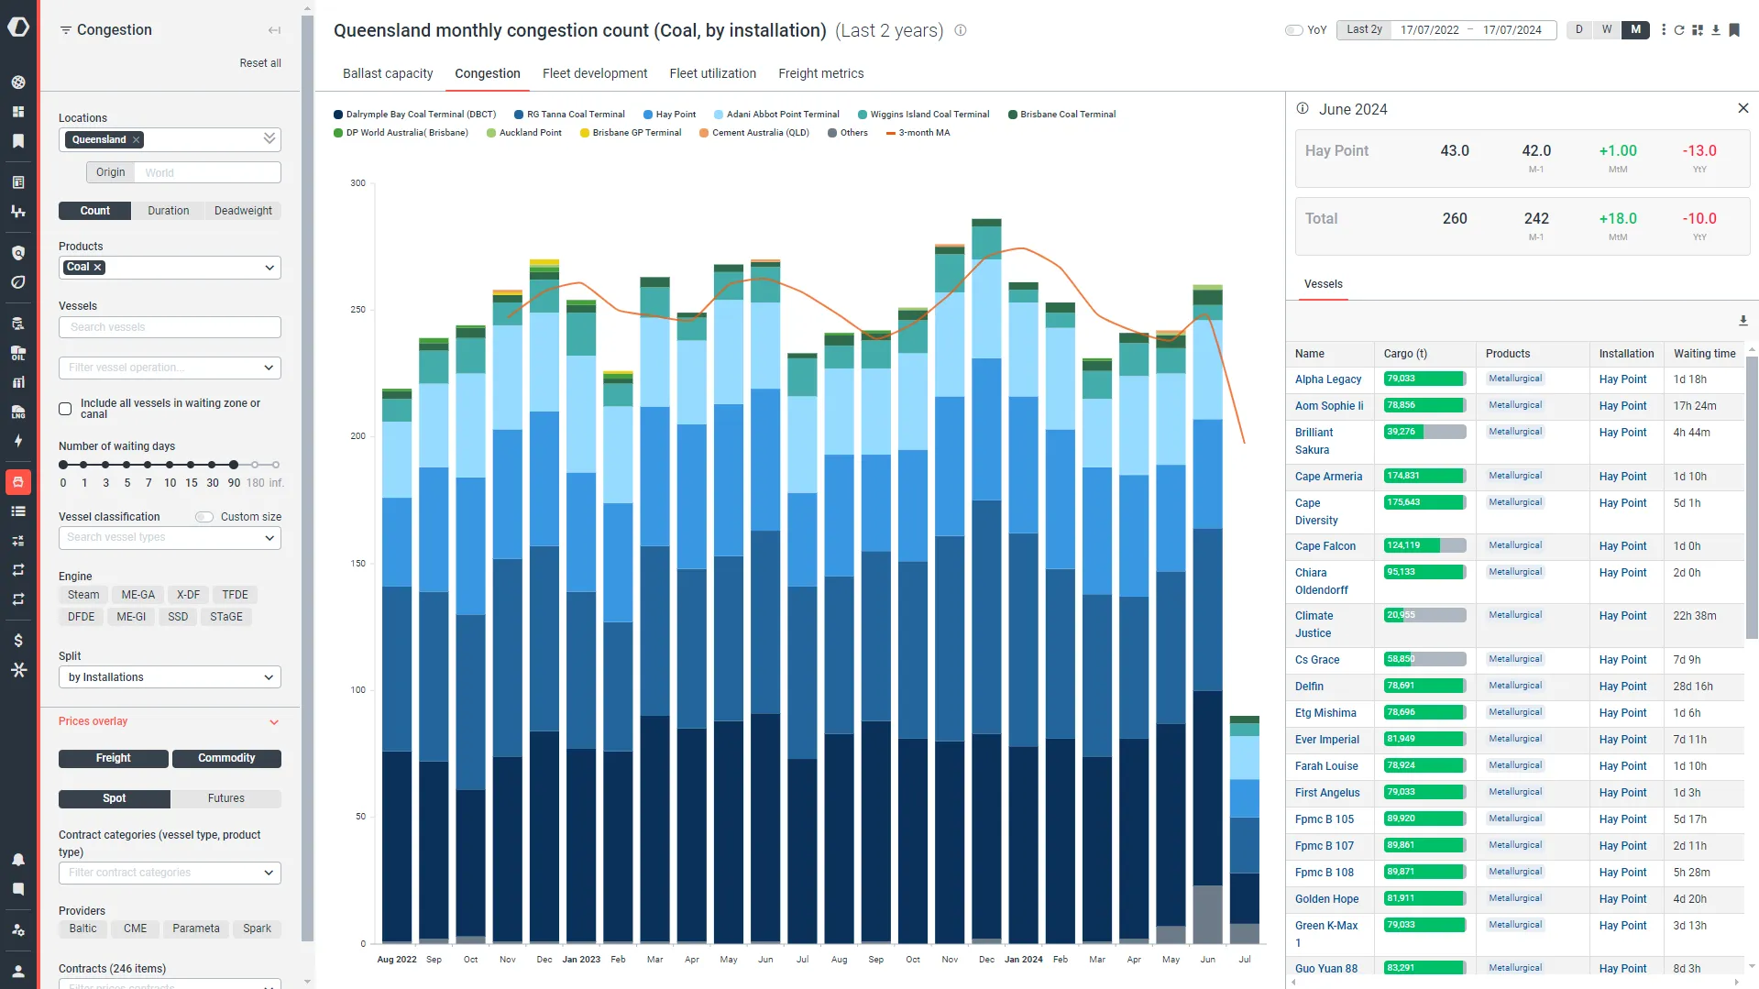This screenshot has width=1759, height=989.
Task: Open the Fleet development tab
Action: coord(594,73)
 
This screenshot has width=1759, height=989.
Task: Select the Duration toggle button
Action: coord(168,211)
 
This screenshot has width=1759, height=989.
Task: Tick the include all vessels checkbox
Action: coord(65,409)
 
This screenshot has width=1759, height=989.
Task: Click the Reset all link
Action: coord(259,63)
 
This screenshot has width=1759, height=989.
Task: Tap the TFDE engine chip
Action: coord(235,595)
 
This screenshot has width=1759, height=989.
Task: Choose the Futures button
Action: coord(225,798)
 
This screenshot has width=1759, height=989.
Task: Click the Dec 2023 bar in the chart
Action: coord(986,587)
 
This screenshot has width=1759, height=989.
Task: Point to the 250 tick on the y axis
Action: coord(357,310)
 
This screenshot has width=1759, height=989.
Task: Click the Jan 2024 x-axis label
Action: coord(1023,960)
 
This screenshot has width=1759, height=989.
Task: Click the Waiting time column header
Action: coord(1703,354)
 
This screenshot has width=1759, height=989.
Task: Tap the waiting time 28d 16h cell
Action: coord(1692,687)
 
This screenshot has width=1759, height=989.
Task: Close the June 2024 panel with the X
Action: coord(1743,108)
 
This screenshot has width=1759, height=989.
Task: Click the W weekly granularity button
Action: coord(1606,29)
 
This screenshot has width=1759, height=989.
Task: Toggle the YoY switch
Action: coord(1294,30)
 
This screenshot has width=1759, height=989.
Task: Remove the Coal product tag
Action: coord(98,268)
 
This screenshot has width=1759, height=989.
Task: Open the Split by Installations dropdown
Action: coord(170,677)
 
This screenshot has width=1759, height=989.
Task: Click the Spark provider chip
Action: coord(257,929)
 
